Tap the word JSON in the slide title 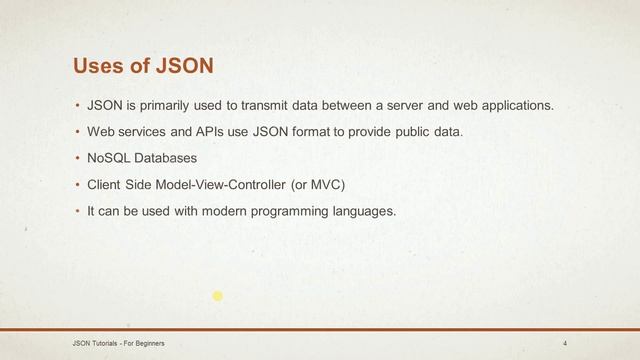[184, 66]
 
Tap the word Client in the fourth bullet [106, 184]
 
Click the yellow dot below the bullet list [217, 296]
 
